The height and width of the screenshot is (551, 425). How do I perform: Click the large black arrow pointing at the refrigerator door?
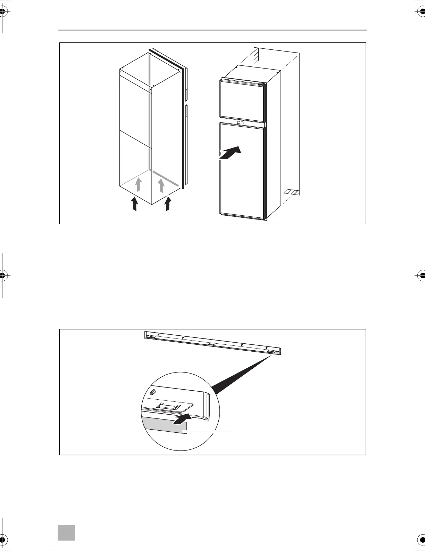(230, 153)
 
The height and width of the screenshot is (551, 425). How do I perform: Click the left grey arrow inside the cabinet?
(138, 184)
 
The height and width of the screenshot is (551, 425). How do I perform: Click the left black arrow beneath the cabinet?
(135, 204)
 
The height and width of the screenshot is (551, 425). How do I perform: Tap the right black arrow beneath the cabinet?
(168, 204)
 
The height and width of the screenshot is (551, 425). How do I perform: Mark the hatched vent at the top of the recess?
(256, 56)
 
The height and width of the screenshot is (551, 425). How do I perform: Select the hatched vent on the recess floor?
(291, 192)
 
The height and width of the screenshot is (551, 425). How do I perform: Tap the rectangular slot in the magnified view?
(168, 406)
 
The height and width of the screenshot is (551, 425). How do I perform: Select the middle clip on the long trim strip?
(211, 344)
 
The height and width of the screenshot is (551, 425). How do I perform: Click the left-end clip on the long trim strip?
(151, 337)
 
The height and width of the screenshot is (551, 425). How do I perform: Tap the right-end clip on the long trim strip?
(272, 352)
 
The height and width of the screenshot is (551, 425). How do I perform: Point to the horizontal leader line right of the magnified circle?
(212, 431)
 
